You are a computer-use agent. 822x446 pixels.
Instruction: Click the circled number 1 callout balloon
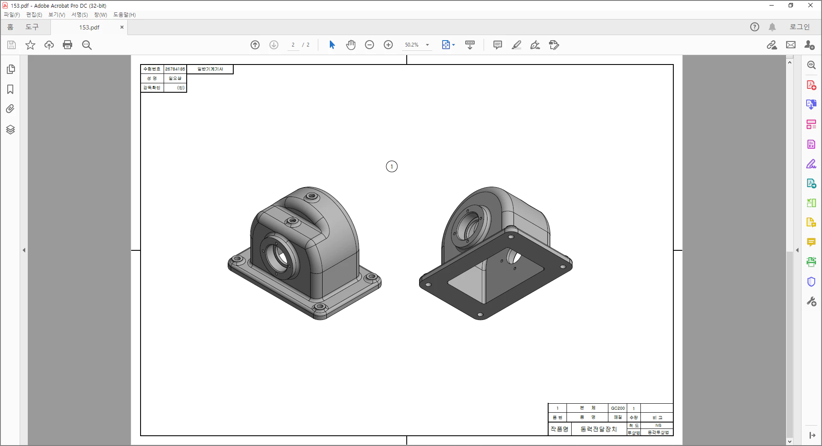click(x=391, y=167)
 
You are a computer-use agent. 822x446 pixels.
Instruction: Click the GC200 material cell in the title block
click(x=617, y=408)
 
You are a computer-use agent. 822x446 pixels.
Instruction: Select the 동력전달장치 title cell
click(x=599, y=429)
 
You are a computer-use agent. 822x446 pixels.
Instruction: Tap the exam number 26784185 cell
click(x=175, y=69)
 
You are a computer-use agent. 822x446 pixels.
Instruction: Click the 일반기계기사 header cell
click(x=210, y=69)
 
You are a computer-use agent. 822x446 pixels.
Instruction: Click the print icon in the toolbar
click(x=68, y=45)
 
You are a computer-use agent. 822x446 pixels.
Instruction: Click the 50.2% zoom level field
click(x=412, y=45)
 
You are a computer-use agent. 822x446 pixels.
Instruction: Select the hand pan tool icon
click(x=351, y=45)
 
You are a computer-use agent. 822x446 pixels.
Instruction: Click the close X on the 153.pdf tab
click(x=122, y=27)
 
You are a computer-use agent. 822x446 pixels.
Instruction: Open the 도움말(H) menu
click(x=124, y=15)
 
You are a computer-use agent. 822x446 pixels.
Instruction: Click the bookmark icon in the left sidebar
click(x=11, y=89)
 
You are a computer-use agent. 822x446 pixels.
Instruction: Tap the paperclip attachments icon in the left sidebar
click(x=11, y=109)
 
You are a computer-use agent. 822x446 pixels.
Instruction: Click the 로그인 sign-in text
click(x=799, y=27)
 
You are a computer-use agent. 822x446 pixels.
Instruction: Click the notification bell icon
click(x=772, y=27)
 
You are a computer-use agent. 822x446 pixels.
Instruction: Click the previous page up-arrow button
click(x=255, y=45)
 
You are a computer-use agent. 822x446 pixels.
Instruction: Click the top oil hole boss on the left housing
click(x=311, y=197)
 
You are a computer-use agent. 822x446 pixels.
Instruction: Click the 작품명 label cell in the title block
click(x=559, y=429)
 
